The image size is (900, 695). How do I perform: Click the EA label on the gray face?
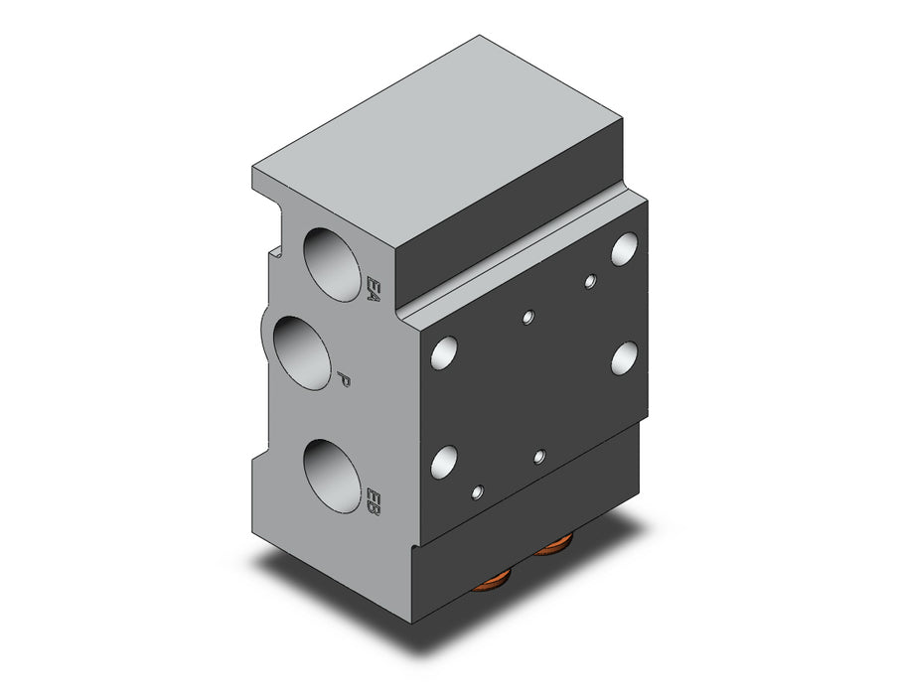click(374, 290)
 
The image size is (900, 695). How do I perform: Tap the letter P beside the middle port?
click(344, 379)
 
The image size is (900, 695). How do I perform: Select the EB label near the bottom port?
click(374, 501)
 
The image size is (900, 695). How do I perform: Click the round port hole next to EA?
click(333, 264)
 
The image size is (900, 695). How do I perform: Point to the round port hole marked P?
click(302, 352)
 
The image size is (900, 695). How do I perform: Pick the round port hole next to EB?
click(333, 477)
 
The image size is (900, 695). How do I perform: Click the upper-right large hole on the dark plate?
click(625, 249)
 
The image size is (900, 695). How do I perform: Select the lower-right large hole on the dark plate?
click(625, 358)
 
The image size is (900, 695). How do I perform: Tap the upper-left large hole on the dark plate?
click(445, 352)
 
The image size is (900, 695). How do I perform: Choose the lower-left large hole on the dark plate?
click(445, 463)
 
